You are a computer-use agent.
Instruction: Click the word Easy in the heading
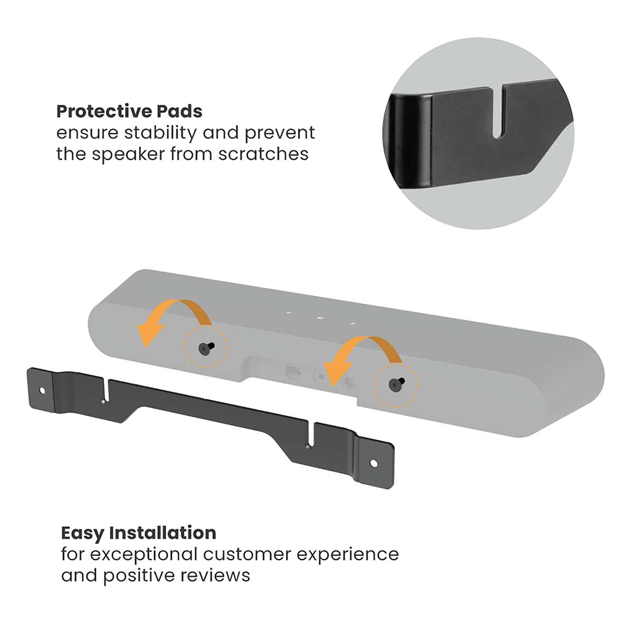point(82,533)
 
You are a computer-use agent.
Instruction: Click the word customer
point(248,554)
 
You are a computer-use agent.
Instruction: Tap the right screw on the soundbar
point(395,386)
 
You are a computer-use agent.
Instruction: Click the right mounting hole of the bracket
point(373,463)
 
